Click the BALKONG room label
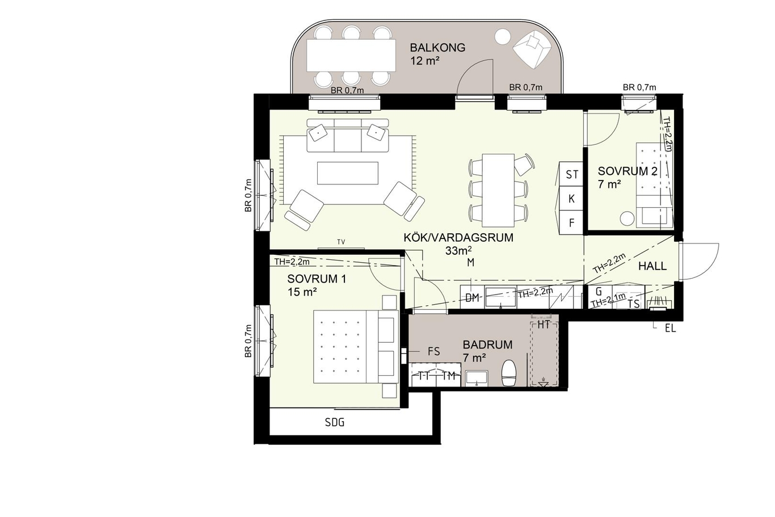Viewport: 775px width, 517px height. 437,48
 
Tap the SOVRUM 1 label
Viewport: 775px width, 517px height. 317,279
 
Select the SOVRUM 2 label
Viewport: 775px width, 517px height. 627,171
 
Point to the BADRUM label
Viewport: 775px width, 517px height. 487,344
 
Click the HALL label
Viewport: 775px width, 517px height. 652,266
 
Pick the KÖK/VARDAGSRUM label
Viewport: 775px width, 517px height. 458,238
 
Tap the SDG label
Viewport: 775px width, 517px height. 335,422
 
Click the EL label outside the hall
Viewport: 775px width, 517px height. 670,329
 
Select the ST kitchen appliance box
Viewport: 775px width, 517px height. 571,174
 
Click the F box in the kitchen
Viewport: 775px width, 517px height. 571,223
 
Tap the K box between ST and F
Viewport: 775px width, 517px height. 571,199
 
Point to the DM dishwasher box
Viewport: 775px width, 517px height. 472,297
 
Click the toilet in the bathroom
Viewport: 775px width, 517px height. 509,373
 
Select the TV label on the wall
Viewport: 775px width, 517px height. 341,242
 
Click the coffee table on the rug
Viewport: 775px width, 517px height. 348,173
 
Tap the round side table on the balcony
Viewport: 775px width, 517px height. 503,36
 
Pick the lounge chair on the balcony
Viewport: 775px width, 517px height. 532,50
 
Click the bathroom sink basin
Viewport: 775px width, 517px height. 477,378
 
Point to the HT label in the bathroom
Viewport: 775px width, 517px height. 544,325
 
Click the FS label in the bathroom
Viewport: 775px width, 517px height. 433,352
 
